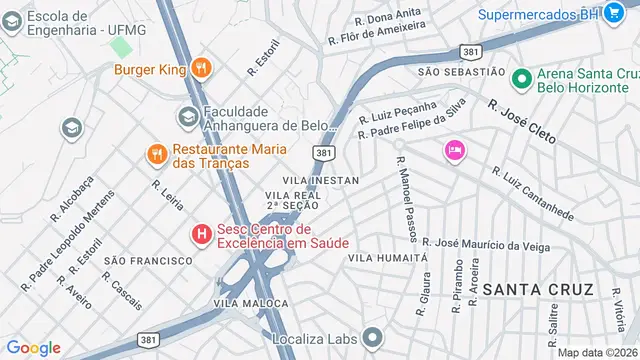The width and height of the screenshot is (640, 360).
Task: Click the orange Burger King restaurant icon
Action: (202, 69)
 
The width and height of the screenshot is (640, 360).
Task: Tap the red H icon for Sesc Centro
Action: (201, 235)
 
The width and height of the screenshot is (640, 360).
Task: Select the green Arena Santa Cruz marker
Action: (520, 78)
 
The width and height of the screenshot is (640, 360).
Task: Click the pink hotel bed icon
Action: (455, 151)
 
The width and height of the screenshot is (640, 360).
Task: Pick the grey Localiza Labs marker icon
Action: (373, 338)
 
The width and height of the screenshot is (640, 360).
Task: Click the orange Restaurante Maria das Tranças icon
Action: (155, 154)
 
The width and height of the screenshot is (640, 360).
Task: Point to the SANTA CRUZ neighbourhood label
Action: (538, 289)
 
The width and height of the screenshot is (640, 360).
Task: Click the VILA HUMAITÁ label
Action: (387, 258)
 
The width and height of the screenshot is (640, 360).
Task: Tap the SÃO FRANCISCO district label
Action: (147, 260)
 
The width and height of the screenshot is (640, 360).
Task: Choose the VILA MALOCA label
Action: (244, 302)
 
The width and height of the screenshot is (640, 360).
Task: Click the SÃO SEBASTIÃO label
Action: (461, 72)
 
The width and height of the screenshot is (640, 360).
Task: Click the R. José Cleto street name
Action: (521, 122)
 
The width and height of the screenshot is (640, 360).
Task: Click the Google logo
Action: (33, 347)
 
